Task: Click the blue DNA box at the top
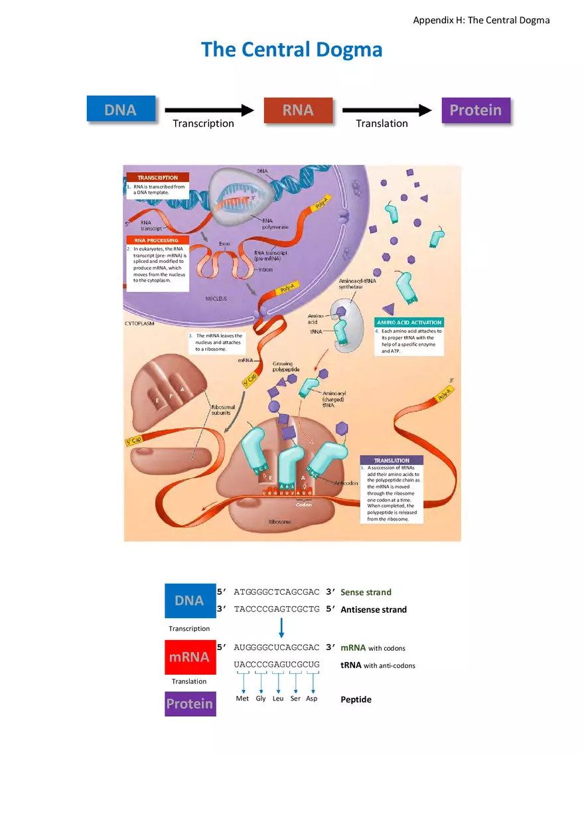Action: point(121,110)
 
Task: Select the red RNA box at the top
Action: point(298,110)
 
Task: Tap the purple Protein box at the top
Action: point(476,110)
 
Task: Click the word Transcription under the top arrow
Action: point(203,124)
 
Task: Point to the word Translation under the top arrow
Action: point(382,124)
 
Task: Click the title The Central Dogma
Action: point(292,50)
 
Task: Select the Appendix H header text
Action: point(481,20)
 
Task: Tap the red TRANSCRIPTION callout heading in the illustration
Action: point(158,177)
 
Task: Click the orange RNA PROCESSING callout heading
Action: point(157,240)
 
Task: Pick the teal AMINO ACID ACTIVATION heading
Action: point(409,322)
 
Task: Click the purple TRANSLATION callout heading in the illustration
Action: point(392,460)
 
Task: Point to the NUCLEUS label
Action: point(215,299)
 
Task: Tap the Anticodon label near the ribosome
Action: point(347,483)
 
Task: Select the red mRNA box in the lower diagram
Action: point(189,657)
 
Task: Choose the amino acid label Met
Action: point(243,699)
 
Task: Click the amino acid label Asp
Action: point(311,699)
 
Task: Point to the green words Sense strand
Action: point(366,592)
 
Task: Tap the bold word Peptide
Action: point(356,700)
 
